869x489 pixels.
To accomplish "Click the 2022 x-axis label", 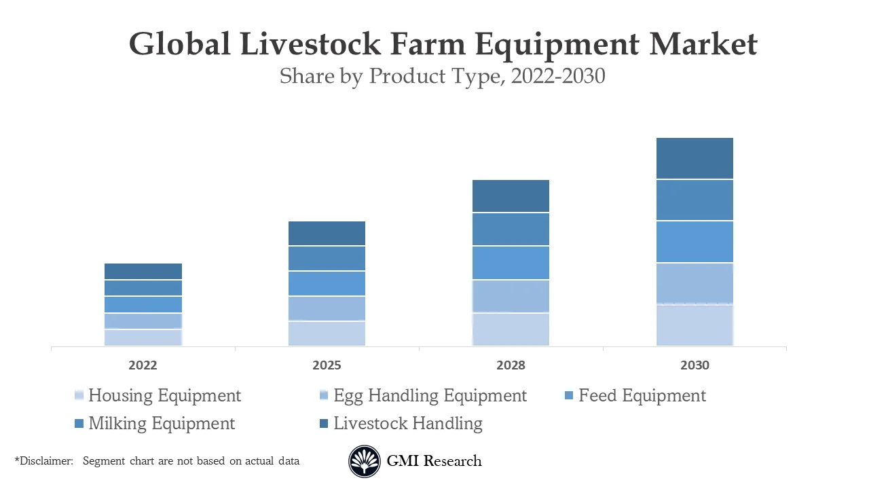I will click(x=143, y=365).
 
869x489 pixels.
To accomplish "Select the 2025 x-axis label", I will click(x=327, y=365).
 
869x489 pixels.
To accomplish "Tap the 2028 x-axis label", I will click(x=511, y=365).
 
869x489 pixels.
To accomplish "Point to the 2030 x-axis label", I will click(x=695, y=365).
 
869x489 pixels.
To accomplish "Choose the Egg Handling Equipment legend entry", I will click(x=430, y=395).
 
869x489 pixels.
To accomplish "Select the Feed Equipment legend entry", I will click(x=642, y=395).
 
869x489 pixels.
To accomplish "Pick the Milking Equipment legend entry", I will click(x=161, y=423).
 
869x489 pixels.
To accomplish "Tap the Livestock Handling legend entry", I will click(x=407, y=423).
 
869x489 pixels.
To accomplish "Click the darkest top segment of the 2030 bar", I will click(x=695, y=158).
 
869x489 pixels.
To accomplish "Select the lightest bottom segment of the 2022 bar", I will click(x=143, y=338).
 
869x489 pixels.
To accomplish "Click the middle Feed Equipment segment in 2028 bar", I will click(x=511, y=263).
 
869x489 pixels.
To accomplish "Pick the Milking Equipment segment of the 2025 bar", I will click(x=327, y=258).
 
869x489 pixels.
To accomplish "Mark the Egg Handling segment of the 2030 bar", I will click(x=695, y=283).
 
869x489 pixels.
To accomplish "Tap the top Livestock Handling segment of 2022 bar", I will click(x=143, y=271).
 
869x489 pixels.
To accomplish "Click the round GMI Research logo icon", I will click(x=365, y=462).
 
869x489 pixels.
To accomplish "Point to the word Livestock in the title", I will click(x=310, y=44).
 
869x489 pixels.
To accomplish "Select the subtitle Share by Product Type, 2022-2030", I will click(x=442, y=76).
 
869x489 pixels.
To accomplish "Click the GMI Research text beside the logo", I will click(x=434, y=461).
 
